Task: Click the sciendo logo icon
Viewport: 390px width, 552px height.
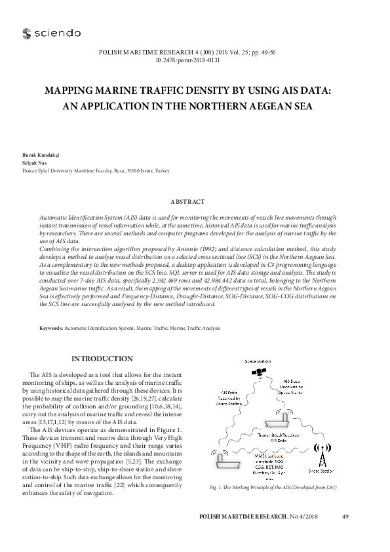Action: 26,33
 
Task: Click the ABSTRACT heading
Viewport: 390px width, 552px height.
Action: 188,202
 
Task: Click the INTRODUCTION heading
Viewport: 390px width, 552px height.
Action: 102,359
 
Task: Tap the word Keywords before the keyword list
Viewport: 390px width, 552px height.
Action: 51,327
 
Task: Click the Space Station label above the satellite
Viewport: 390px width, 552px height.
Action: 258,362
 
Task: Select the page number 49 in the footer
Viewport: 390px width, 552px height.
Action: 345,518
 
